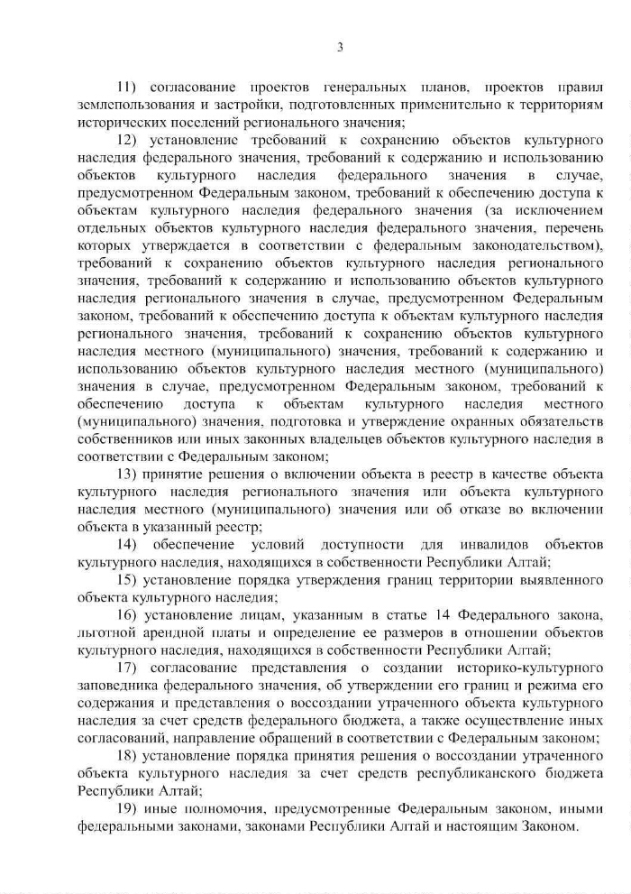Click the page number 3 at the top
coord(341,47)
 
